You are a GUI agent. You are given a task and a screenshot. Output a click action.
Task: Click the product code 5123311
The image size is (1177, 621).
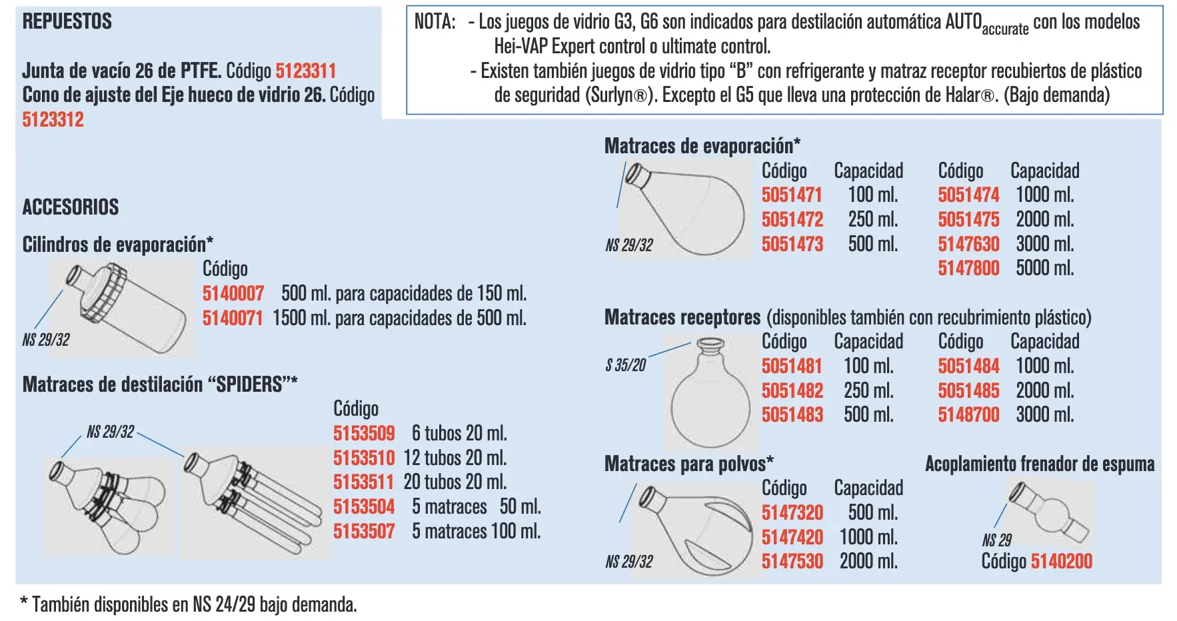(x=306, y=71)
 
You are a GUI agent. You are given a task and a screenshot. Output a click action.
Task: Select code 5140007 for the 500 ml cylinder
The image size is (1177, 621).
(x=233, y=293)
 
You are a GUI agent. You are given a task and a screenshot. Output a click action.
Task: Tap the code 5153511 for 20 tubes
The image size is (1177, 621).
(x=364, y=482)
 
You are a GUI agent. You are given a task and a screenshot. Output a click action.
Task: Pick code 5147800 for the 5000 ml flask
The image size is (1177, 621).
(x=968, y=268)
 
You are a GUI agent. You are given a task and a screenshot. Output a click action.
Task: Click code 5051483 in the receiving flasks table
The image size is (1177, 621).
(x=792, y=414)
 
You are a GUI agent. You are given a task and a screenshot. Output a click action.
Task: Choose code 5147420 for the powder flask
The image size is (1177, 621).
(x=792, y=537)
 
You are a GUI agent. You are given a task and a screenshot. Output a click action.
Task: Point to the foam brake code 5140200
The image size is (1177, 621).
(x=1062, y=561)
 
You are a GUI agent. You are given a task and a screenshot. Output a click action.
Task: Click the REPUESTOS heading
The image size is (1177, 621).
(x=67, y=21)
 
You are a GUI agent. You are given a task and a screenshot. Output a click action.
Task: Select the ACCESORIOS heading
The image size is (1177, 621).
(x=71, y=207)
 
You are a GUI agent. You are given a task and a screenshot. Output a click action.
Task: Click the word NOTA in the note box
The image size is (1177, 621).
(x=435, y=22)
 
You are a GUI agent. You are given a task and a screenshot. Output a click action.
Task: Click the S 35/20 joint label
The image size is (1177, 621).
(x=626, y=365)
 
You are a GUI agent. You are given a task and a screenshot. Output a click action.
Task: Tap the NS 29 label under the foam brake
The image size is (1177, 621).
(x=996, y=540)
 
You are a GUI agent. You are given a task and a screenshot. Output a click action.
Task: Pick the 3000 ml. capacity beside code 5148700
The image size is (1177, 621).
(x=1044, y=414)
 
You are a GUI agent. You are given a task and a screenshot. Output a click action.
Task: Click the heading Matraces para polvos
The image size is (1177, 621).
(x=689, y=463)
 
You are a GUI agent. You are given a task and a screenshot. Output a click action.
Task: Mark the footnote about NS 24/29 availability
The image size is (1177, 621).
(x=189, y=604)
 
